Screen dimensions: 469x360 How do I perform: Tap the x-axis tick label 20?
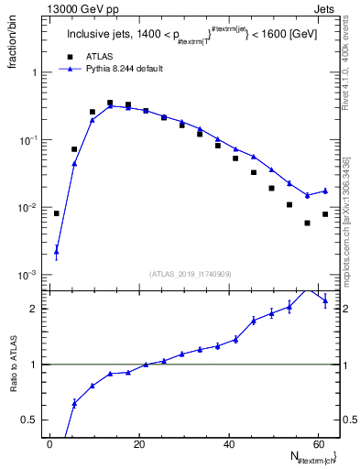click(x=138, y=444)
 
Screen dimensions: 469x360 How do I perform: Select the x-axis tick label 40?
click(x=227, y=444)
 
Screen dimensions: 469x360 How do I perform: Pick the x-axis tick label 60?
click(x=317, y=444)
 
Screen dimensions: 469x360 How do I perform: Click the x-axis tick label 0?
click(x=49, y=444)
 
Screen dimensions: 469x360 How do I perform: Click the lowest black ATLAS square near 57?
click(x=307, y=223)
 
